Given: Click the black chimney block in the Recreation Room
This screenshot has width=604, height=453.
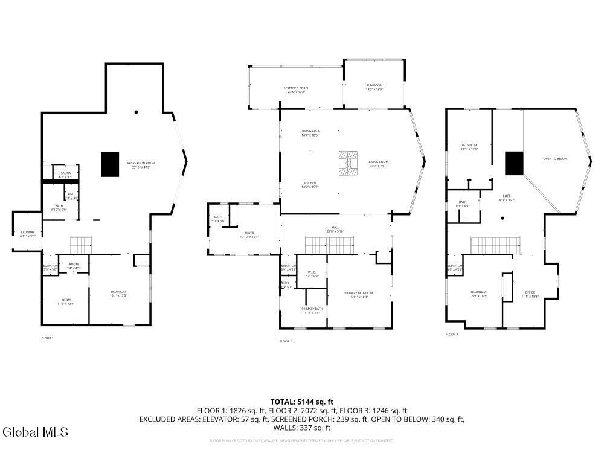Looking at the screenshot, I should pyautogui.click(x=110, y=164).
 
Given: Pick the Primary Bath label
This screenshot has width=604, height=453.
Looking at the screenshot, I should pyautogui.click(x=312, y=310).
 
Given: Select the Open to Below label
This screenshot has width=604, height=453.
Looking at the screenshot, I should pyautogui.click(x=555, y=159).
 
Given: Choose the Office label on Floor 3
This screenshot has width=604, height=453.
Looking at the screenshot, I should pyautogui.click(x=530, y=294).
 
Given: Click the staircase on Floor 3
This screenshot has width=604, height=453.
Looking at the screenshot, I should pyautogui.click(x=495, y=245).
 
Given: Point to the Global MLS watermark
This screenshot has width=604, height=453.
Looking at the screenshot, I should pyautogui.click(x=35, y=432).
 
